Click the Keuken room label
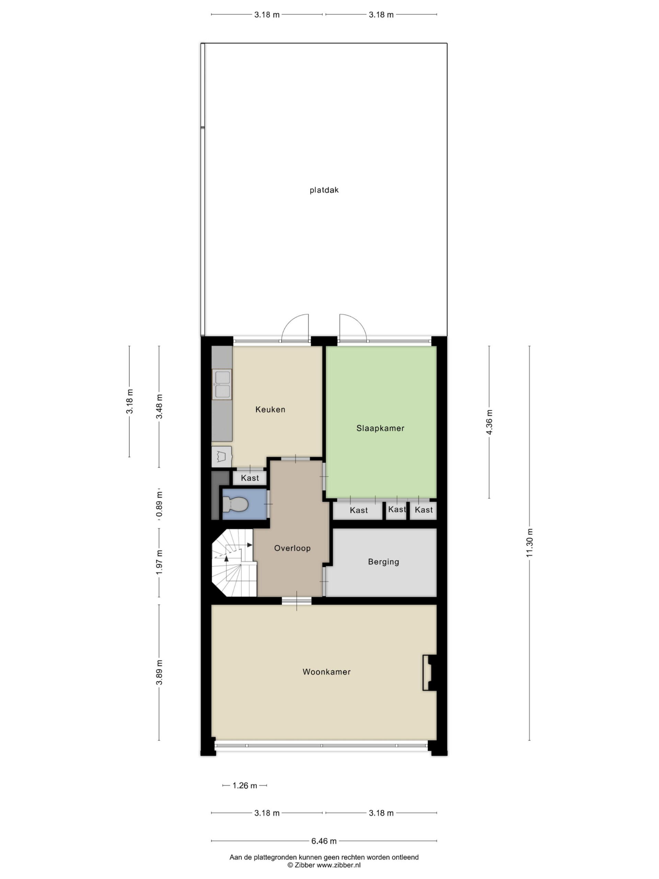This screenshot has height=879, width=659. click(x=270, y=409)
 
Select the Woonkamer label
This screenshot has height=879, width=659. click(x=326, y=672)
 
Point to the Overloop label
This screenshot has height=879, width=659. click(x=292, y=548)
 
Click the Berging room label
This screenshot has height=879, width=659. click(x=383, y=561)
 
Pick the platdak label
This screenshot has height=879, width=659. click(x=324, y=190)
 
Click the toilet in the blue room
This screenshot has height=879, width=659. click(x=235, y=504)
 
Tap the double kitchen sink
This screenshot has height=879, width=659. click(x=222, y=384)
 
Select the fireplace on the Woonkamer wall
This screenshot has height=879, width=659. click(x=429, y=673)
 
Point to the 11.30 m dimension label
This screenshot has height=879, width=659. click(x=530, y=543)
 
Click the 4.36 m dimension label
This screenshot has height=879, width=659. click(x=489, y=422)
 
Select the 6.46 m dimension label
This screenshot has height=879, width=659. click(x=324, y=841)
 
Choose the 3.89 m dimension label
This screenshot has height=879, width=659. click(x=159, y=672)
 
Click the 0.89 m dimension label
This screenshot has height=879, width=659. click(x=159, y=504)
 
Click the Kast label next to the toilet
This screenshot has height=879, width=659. click(x=250, y=478)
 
